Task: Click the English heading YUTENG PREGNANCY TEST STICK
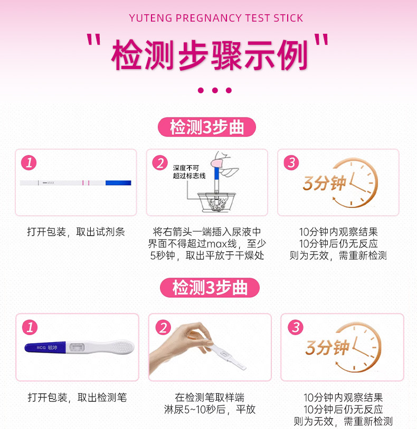tap(216, 18)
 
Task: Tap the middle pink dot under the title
tap(215, 90)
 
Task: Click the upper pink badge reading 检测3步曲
tap(207, 127)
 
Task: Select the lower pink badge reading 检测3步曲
tap(210, 288)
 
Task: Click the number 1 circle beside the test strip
tap(29, 162)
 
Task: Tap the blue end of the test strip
tap(118, 183)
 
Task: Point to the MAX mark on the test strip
tap(49, 183)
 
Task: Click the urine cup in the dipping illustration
tap(216, 202)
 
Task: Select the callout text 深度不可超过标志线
tap(189, 172)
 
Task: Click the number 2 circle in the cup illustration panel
tap(160, 162)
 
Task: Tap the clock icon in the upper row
tap(355, 182)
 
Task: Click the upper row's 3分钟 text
tap(325, 183)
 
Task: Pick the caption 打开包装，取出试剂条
tap(76, 232)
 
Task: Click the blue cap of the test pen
tap(45, 347)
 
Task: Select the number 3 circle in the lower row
tap(296, 327)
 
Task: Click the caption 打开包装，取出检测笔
tap(77, 397)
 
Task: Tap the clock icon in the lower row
tap(358, 347)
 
